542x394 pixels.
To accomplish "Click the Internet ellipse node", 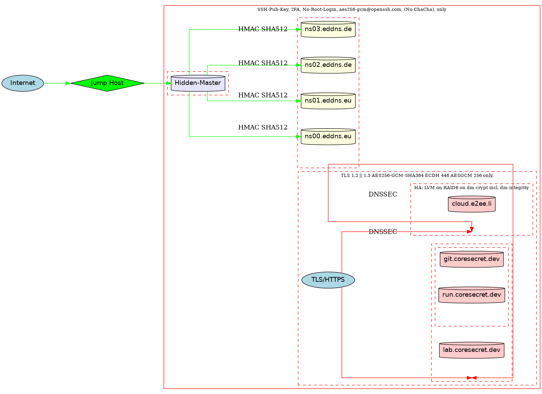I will click(23, 83).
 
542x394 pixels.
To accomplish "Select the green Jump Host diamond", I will click(107, 83).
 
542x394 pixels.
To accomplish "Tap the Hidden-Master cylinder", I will click(198, 83).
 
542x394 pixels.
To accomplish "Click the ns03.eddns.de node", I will click(328, 29).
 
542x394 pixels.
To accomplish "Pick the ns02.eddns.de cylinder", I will click(328, 65).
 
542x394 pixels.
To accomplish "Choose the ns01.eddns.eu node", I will click(328, 101).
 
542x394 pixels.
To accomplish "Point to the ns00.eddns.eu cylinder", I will click(328, 136).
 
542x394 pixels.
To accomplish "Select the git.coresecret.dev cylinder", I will click(472, 259).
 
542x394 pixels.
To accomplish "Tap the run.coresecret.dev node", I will click(472, 295).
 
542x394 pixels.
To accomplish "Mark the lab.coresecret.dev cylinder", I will click(472, 350).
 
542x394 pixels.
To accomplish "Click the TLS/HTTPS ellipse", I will click(328, 280).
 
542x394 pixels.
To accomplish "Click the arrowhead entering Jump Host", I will click(68, 83).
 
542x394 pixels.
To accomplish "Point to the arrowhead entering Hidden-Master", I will click(169, 83).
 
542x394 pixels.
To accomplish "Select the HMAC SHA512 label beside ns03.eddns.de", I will click(263, 29).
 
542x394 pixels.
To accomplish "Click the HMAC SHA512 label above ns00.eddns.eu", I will click(263, 128).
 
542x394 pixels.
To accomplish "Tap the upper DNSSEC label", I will click(383, 194).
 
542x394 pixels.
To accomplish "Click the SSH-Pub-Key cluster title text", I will click(352, 10).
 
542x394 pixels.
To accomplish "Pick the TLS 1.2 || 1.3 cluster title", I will click(417, 175).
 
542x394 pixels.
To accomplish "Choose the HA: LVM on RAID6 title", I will click(472, 188).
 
